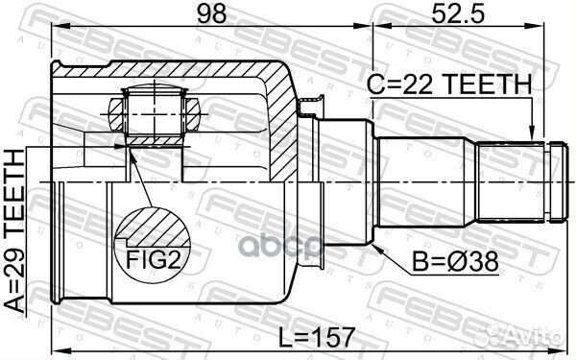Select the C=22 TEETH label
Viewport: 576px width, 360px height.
tap(448, 85)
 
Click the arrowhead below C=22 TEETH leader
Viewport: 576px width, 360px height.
tap(532, 134)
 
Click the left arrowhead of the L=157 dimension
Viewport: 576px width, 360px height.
tap(56, 348)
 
